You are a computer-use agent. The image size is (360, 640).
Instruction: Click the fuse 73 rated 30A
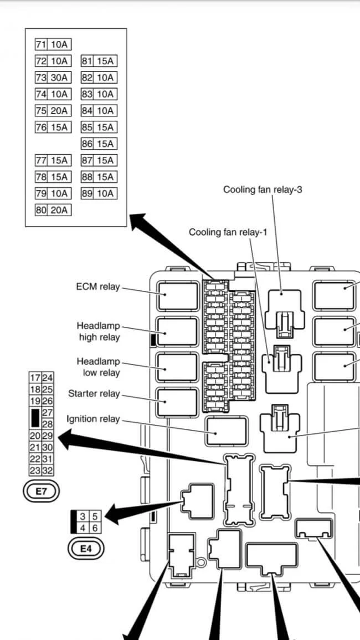(x=53, y=78)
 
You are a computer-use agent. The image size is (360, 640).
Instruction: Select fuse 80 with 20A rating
(x=53, y=210)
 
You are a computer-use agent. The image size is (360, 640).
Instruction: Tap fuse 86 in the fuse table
(x=99, y=144)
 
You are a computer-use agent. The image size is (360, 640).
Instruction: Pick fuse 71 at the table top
(x=53, y=45)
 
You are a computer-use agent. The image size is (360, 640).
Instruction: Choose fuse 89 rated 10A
(x=99, y=193)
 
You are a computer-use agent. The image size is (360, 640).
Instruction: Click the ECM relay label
(x=97, y=287)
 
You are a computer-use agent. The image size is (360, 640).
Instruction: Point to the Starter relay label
(x=94, y=394)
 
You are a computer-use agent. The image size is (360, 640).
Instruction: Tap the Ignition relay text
(x=93, y=419)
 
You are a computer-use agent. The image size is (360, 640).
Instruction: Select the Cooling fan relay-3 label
(x=263, y=190)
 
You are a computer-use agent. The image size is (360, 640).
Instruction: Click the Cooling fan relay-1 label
(x=228, y=232)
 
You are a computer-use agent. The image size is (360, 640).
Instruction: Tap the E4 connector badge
(x=85, y=549)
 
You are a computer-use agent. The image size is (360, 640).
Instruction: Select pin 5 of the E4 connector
(x=95, y=517)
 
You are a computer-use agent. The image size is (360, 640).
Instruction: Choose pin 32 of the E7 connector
(x=48, y=471)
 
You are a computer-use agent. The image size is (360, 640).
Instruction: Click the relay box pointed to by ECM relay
(x=177, y=295)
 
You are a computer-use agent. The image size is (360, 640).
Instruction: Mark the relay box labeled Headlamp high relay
(x=177, y=332)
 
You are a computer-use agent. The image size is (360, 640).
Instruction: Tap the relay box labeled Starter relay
(x=177, y=402)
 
